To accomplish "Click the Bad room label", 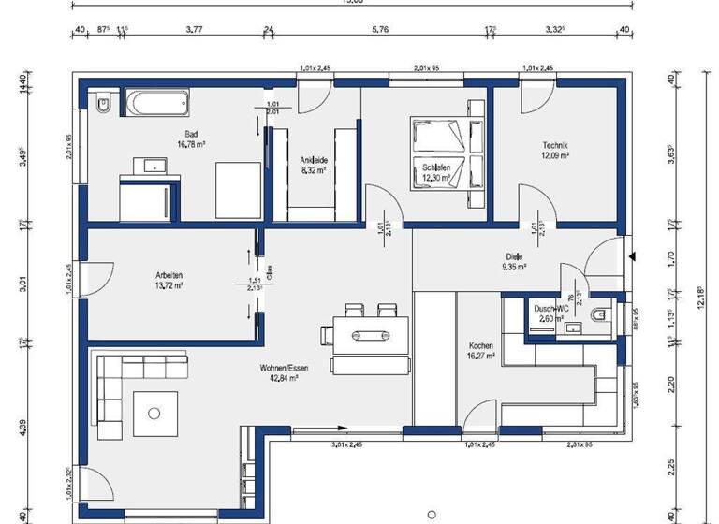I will [190, 135].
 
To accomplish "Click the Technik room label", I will [555, 145].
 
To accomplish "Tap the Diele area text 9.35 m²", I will [514, 267].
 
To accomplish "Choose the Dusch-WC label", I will [551, 307].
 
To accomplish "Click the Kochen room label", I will [481, 343].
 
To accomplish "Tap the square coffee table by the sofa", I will [155, 407].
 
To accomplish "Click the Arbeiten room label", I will [169, 275].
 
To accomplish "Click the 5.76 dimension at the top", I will [379, 30].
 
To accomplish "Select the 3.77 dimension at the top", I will [194, 30].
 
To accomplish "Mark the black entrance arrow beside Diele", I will [635, 255].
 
